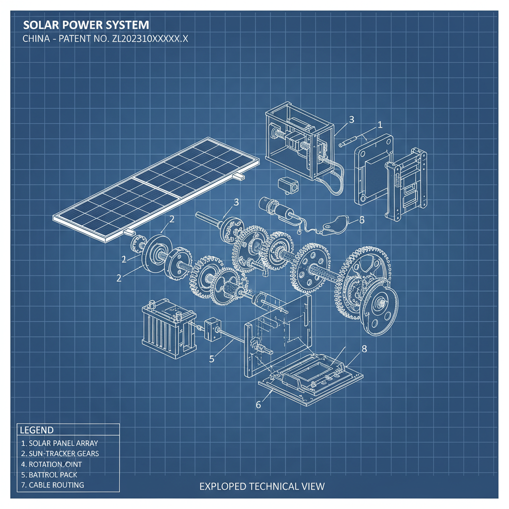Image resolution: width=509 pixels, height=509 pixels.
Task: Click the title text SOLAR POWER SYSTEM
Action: (85, 25)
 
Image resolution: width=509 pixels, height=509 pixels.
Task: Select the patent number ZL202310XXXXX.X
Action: (148, 40)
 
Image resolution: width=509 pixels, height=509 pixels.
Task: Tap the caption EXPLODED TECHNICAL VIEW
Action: (262, 486)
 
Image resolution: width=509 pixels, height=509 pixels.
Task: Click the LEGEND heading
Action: (36, 430)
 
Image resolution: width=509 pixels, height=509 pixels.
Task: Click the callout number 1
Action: (380, 125)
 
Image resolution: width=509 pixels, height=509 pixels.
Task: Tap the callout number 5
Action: (212, 359)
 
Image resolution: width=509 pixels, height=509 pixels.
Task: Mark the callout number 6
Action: (258, 404)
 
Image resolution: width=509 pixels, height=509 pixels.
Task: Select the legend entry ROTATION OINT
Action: (55, 464)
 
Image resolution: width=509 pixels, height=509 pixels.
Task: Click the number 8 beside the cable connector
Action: (361, 220)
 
